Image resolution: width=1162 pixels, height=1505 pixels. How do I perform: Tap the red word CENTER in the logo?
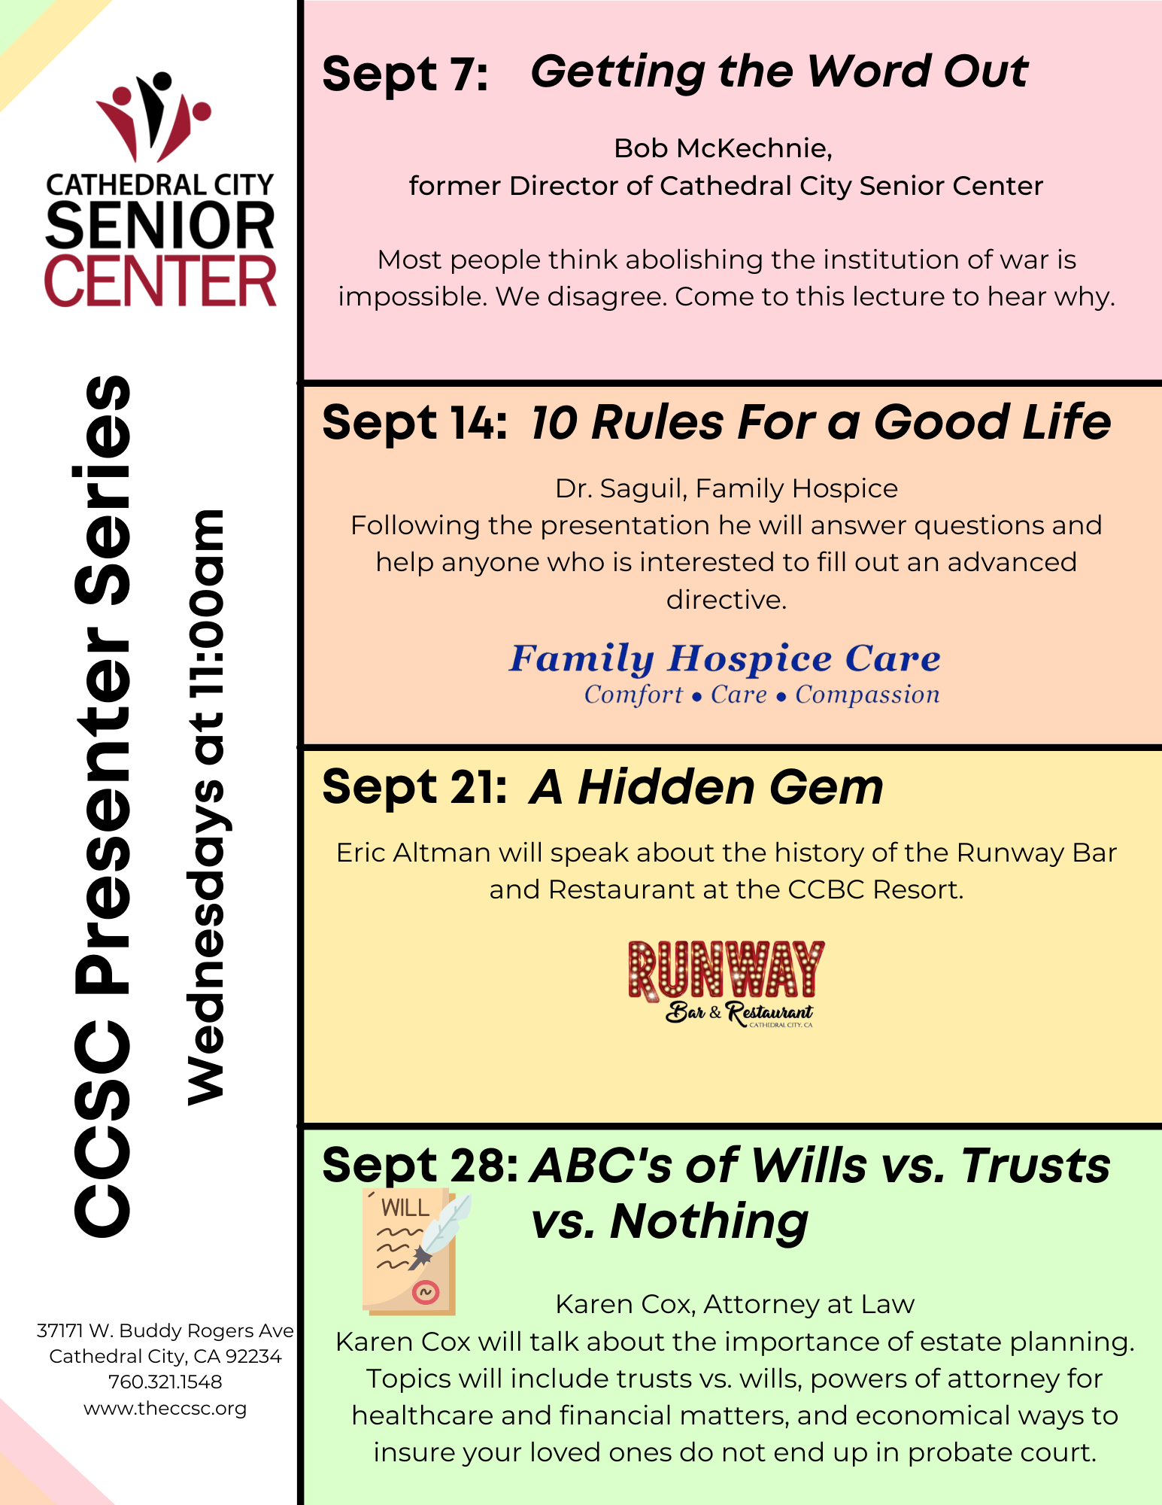pyautogui.click(x=160, y=281)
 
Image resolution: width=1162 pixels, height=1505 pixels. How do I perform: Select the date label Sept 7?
pyautogui.click(x=405, y=74)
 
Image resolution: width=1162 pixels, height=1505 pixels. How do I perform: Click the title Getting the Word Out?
pyautogui.click(x=779, y=72)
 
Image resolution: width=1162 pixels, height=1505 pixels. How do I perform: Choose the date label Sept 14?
pyautogui.click(x=414, y=422)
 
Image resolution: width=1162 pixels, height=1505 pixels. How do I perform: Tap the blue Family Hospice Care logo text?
pyautogui.click(x=725, y=659)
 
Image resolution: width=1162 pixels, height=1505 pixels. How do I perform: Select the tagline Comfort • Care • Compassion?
pyautogui.click(x=762, y=695)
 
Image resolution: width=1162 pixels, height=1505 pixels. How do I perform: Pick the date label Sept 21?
pyautogui.click(x=414, y=787)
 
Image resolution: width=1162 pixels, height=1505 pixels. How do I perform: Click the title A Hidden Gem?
pyautogui.click(x=706, y=787)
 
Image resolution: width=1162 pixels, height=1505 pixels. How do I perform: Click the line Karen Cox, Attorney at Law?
pyautogui.click(x=735, y=1304)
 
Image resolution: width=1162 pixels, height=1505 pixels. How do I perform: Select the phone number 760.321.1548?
pyautogui.click(x=165, y=1382)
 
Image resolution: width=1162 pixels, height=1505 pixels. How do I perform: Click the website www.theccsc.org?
pyautogui.click(x=165, y=1409)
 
